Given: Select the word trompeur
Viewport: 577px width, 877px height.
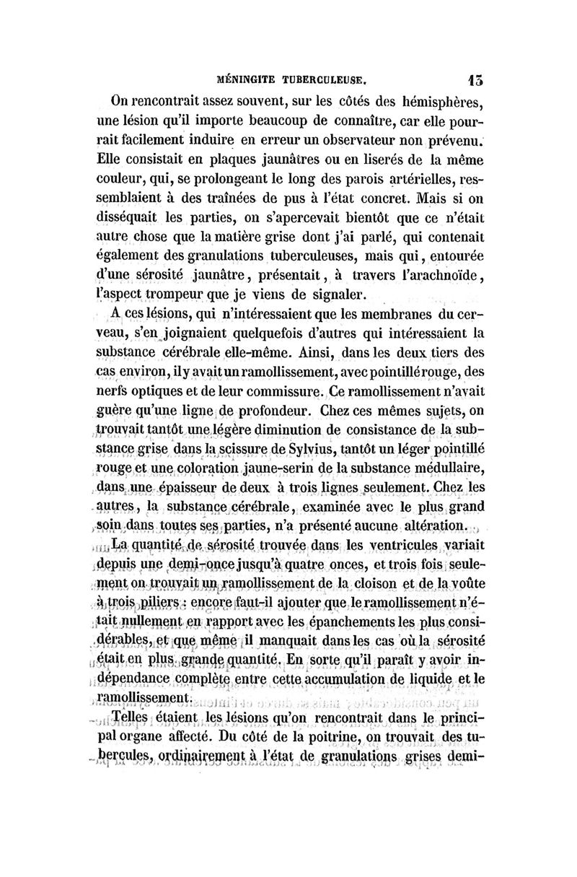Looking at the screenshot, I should (185, 294).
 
